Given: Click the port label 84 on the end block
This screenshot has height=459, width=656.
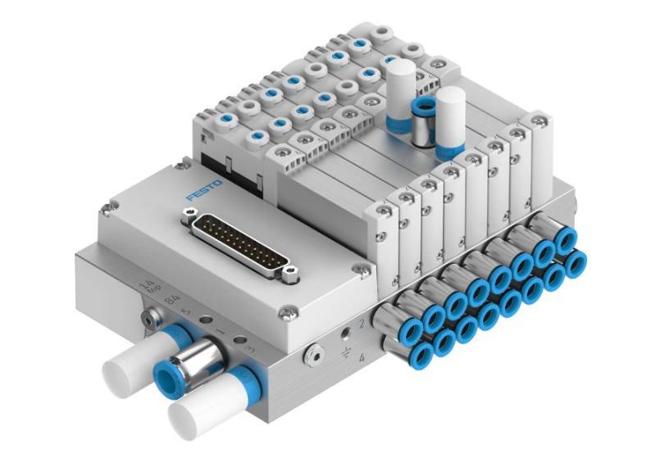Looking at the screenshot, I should pyautogui.click(x=173, y=300).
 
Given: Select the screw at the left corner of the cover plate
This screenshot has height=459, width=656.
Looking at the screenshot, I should pyautogui.click(x=104, y=214).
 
